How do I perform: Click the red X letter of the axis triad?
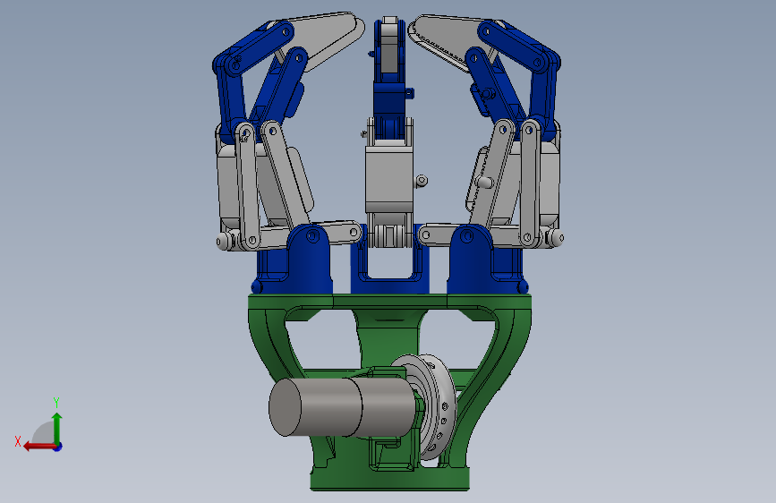[18, 441]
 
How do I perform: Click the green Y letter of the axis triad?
[56, 402]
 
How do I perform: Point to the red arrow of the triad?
[39, 447]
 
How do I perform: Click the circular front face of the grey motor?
[285, 408]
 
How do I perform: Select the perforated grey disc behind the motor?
[436, 407]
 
